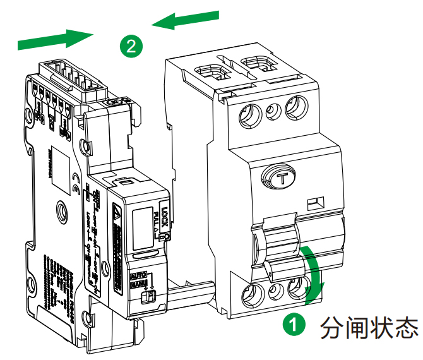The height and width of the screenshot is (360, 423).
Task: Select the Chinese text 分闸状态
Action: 369,327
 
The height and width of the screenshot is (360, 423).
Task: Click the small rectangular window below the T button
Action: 316,203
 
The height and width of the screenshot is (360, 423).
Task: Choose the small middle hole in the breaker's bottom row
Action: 275,292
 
